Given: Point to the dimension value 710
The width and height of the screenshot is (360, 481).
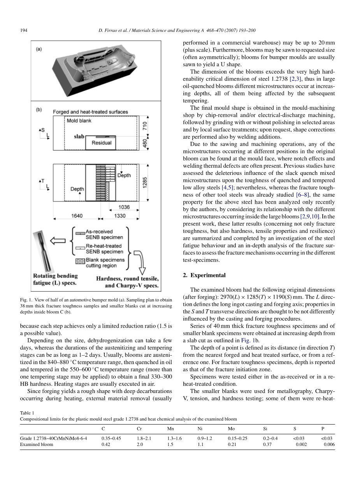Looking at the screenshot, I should pos(145,126).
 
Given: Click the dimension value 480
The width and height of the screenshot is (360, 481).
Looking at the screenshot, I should pos(145,143).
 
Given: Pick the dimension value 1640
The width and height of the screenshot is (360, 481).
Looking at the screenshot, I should pos(76,215).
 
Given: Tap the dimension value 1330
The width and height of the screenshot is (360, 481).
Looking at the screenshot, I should pos(120,215).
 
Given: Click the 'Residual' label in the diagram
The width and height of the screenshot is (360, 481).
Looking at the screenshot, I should pos(101,143).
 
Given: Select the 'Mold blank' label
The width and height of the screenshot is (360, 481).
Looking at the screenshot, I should pos(79,121).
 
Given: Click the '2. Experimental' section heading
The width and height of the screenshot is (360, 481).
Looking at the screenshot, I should pos(204,275).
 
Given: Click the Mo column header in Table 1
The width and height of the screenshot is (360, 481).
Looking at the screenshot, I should pos(231,428).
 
